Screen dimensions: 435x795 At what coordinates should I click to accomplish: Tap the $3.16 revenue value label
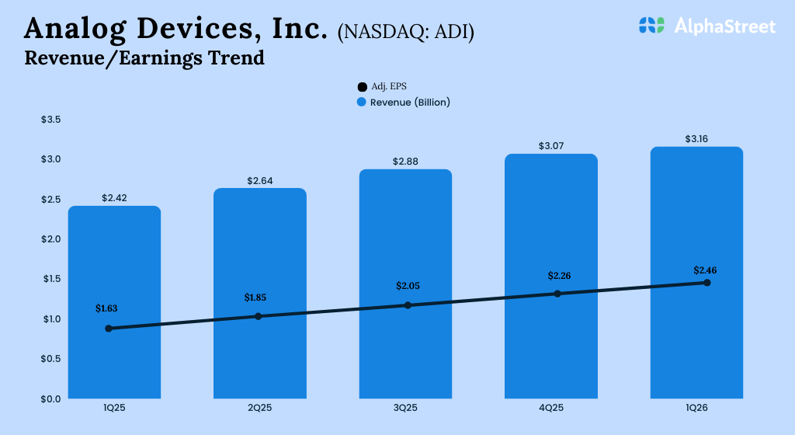(x=696, y=139)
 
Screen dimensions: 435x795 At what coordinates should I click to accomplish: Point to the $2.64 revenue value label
(x=259, y=181)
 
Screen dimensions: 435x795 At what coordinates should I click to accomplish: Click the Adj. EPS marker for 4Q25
(x=557, y=294)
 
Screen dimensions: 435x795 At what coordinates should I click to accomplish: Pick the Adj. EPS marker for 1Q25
(x=109, y=329)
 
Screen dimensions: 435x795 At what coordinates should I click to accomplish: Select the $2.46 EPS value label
(x=706, y=270)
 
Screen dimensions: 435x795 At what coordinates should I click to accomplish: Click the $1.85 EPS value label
(x=257, y=298)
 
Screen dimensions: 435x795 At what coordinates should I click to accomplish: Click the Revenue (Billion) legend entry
(x=403, y=102)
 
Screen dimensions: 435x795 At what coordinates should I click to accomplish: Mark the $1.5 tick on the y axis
(x=50, y=279)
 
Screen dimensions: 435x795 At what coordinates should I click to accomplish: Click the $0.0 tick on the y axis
(x=50, y=398)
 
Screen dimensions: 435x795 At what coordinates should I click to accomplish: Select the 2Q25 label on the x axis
(x=259, y=409)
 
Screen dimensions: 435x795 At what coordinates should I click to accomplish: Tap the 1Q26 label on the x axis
(x=696, y=409)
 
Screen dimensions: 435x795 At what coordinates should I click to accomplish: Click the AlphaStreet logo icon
(x=652, y=26)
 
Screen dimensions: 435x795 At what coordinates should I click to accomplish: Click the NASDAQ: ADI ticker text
(x=406, y=32)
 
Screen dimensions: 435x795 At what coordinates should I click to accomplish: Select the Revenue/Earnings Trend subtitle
(x=144, y=57)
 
